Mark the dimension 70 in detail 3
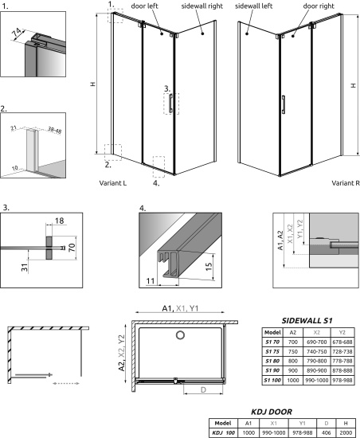72,247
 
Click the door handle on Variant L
170,103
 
